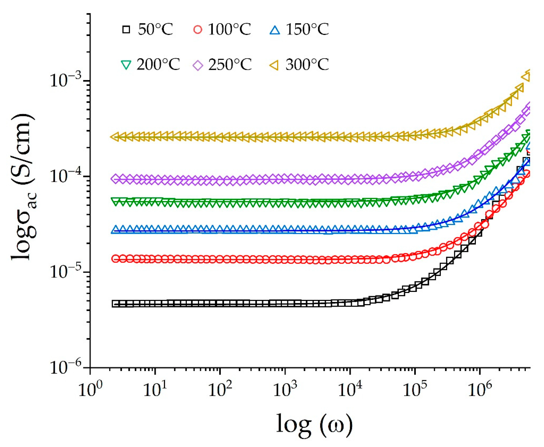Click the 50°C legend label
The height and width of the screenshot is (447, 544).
pos(155,29)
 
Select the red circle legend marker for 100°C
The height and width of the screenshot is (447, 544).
pos(198,29)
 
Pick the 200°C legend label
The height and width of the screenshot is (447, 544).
pos(158,64)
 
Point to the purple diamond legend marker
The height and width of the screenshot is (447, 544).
pos(198,64)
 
